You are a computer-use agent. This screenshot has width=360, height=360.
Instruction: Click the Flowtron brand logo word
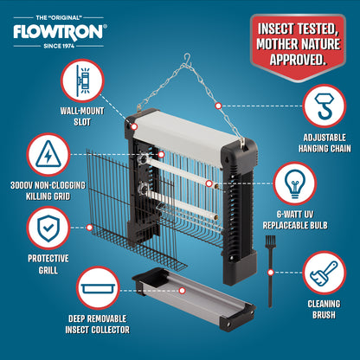point(59,31)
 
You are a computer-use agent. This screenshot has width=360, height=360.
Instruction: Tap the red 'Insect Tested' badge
point(299,46)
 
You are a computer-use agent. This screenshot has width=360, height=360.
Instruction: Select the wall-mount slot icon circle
point(82,81)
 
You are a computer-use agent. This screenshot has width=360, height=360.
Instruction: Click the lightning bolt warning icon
point(48,154)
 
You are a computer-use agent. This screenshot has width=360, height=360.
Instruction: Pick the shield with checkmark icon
point(48,228)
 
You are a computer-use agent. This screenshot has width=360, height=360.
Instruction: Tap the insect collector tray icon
point(98,288)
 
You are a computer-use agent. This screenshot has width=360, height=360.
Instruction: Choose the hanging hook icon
point(325,106)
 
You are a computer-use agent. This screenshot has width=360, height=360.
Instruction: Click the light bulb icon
point(294,183)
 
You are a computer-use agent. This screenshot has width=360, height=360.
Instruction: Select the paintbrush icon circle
point(325,273)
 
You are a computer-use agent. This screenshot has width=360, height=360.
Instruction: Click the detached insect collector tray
point(194,299)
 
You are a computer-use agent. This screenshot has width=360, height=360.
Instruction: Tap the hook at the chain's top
point(188,59)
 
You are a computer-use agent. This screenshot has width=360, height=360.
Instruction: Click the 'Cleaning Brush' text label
point(324,309)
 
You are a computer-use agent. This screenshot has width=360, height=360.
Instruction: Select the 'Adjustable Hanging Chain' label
point(325,143)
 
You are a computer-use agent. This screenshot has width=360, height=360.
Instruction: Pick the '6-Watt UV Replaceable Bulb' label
point(295,220)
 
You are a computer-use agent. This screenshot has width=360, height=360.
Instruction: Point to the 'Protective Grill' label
point(48,264)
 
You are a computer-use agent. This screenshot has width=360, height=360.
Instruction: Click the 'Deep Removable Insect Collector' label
point(98,325)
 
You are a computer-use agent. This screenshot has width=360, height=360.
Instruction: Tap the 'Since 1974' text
point(59,46)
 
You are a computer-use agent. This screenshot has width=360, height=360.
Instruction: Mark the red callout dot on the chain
point(218,106)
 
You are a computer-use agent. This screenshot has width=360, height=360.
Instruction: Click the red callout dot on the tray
point(182,291)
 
